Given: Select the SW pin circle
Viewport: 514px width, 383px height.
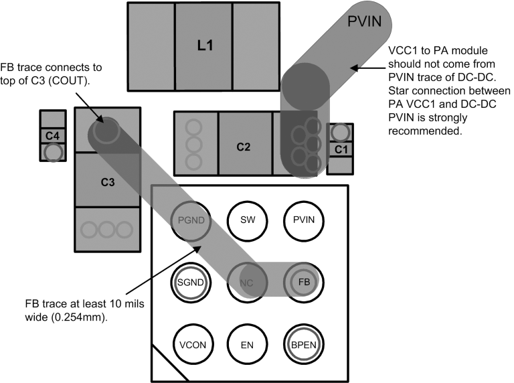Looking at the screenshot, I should (248, 220).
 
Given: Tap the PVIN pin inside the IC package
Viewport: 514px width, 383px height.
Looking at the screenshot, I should (304, 220).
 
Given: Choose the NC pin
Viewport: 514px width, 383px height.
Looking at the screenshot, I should (248, 282).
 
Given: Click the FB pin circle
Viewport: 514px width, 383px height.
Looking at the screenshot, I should (304, 282).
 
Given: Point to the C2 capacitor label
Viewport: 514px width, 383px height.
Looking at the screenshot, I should (244, 147).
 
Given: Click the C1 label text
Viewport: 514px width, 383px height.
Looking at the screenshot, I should (340, 148).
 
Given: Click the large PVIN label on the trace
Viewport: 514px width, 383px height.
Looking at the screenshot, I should (365, 21).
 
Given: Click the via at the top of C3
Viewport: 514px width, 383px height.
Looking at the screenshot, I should (105, 131).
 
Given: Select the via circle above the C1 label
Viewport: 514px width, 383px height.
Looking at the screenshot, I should (340, 132).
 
